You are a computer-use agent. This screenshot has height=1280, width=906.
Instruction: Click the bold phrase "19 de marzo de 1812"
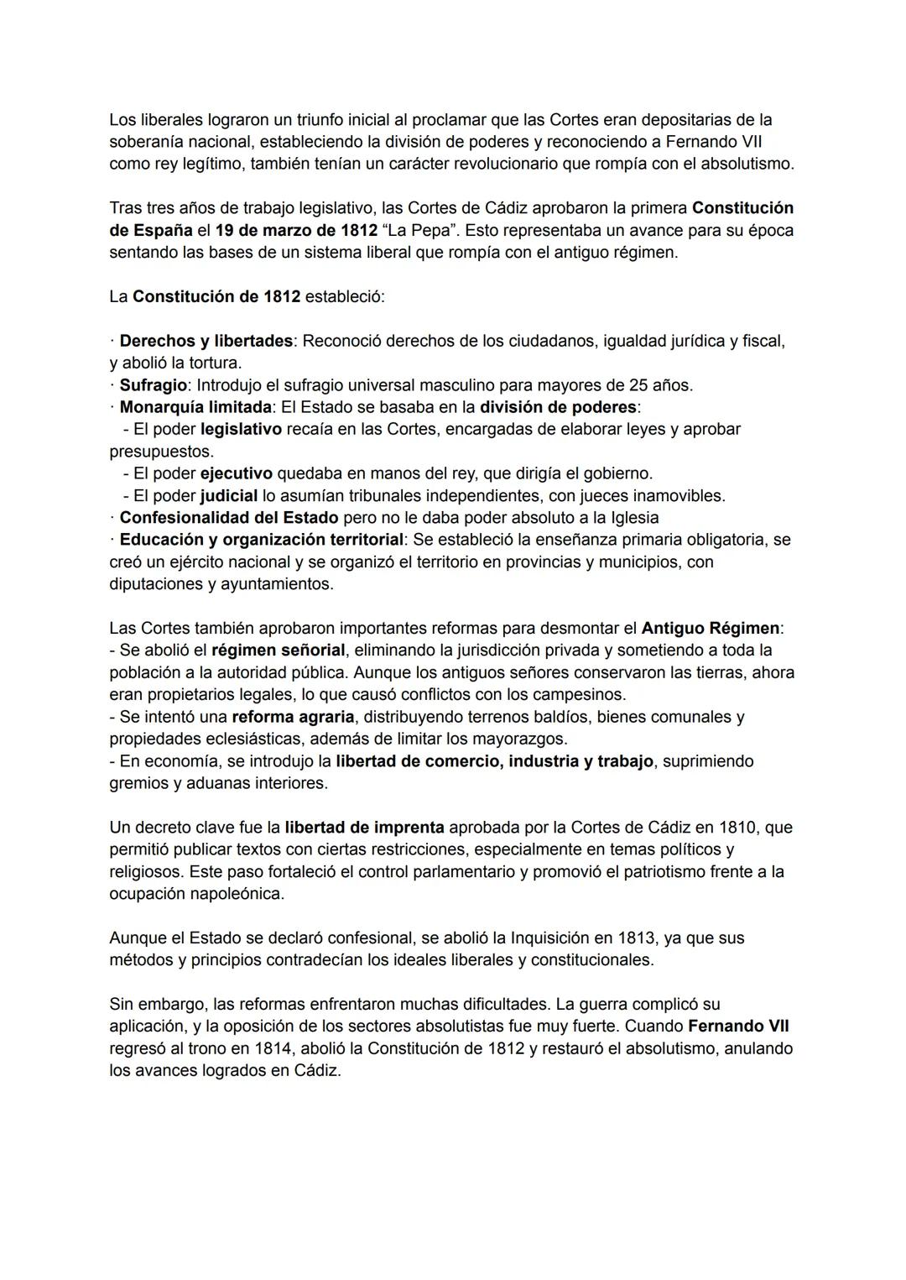(x=296, y=230)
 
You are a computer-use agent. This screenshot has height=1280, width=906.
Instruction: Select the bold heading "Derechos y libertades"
(x=206, y=341)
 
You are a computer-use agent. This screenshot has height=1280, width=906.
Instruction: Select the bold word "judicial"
(x=228, y=495)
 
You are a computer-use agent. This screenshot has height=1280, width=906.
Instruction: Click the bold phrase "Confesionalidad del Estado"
(x=229, y=518)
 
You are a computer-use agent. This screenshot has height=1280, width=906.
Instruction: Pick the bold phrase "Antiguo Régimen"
(x=711, y=628)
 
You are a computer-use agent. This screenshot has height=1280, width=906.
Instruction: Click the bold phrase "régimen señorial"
(x=279, y=650)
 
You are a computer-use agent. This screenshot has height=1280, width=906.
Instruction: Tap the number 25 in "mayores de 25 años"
(x=639, y=385)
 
